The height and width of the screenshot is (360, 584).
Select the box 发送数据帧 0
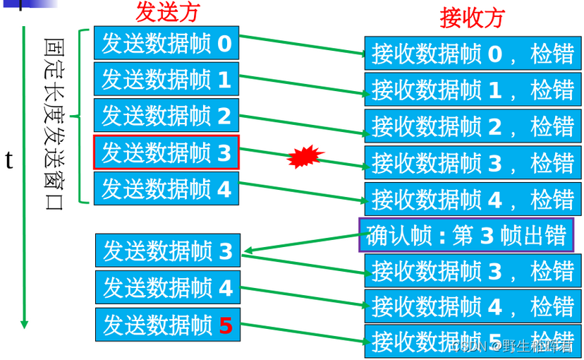click(x=166, y=44)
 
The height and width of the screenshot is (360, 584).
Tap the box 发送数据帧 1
click(x=166, y=80)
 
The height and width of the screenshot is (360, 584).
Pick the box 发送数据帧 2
click(x=166, y=116)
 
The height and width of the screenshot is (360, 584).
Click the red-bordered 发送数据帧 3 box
click(x=166, y=152)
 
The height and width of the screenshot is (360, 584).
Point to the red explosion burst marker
click(x=305, y=157)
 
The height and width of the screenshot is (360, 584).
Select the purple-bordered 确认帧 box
click(x=466, y=236)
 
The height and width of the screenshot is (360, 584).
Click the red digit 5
click(x=225, y=325)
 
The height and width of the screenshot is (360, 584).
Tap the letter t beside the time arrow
click(x=9, y=160)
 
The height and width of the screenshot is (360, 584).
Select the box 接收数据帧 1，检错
click(x=472, y=90)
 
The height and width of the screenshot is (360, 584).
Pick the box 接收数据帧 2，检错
click(x=472, y=127)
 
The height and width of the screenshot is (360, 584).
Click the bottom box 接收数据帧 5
click(x=472, y=341)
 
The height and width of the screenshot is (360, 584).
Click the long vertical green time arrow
click(x=24, y=176)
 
